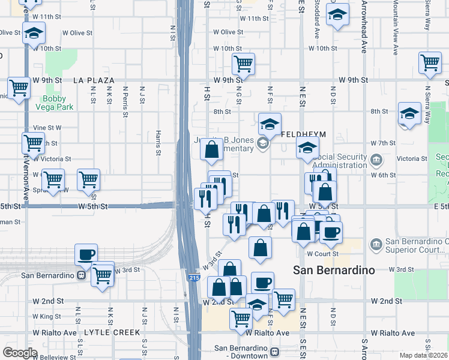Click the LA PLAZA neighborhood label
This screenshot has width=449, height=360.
pos(93,80)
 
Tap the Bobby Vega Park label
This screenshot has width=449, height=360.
pos(58,103)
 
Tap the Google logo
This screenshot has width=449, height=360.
pos(20,353)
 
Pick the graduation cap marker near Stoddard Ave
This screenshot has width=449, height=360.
pos(338,15)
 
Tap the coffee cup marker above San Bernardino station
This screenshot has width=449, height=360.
pos(86,254)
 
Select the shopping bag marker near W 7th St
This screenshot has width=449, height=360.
pos(211,150)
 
